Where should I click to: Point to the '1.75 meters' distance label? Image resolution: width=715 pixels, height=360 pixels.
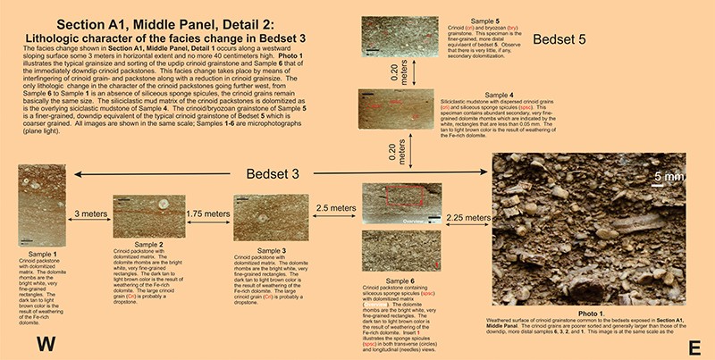tap(206, 214)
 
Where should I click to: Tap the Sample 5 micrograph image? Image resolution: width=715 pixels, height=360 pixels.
tap(401, 38)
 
